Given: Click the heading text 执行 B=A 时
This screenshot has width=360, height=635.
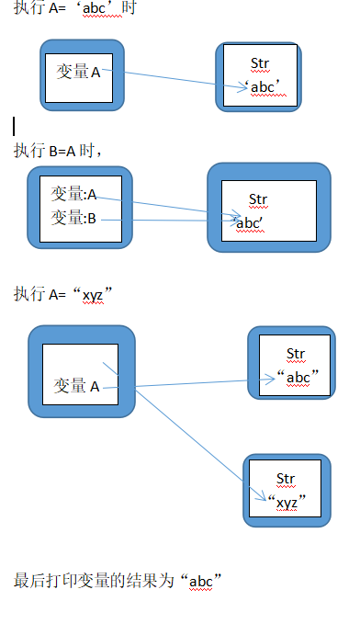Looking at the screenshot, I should click(61, 151).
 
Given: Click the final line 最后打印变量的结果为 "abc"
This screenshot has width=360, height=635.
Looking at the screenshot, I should click(119, 581).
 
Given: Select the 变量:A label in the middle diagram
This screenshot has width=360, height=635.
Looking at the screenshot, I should click(74, 194).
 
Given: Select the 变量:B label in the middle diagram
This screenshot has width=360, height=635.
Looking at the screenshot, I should click(74, 218).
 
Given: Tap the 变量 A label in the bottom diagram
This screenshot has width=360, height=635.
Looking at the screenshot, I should click(77, 387).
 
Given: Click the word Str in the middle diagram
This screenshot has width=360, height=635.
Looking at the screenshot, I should click(258, 199).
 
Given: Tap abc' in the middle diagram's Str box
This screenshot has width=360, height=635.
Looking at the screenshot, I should click(249, 222).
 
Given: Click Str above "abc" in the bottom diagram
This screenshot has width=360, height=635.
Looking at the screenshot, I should click(295, 354).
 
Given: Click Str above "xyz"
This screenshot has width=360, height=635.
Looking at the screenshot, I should click(286, 479).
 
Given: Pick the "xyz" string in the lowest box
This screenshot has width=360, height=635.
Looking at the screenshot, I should click(287, 502).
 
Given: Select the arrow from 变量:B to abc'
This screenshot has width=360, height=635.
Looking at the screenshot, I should click(174, 220).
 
